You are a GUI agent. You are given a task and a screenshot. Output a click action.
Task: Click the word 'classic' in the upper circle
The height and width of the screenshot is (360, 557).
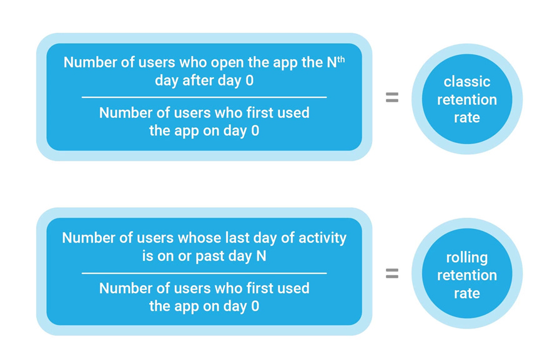467,82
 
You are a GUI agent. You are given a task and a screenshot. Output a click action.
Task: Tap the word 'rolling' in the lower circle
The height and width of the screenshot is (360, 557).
467,257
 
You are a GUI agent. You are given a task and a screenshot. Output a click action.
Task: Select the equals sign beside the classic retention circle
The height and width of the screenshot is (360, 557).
392,97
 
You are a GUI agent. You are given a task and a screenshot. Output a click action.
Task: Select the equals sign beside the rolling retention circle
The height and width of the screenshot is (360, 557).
392,273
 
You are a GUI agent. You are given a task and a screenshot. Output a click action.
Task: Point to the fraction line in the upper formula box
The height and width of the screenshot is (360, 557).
204,97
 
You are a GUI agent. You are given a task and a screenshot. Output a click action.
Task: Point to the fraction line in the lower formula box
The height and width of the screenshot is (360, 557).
204,273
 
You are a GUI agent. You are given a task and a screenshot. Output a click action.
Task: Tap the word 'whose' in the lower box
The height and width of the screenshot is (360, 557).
198,238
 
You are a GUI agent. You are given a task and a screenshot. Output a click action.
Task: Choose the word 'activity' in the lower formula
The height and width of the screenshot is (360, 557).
320,238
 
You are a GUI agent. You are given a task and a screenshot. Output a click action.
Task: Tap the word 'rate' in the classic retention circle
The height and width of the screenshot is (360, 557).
467,118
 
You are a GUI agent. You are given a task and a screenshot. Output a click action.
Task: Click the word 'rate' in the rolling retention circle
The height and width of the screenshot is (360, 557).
467,293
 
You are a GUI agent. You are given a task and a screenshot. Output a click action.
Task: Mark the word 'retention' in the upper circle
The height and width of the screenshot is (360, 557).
467,100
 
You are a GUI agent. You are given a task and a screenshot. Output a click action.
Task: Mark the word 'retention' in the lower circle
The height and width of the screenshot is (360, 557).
467,275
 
